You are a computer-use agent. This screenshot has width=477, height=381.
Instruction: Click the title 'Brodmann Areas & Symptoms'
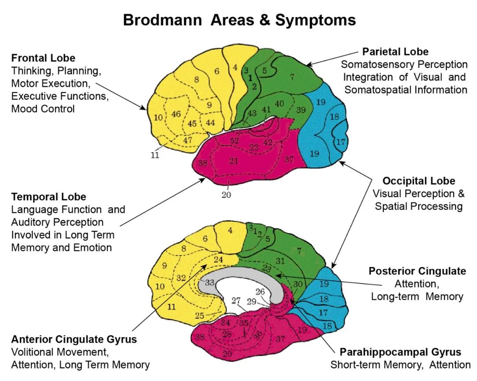(x=239, y=20)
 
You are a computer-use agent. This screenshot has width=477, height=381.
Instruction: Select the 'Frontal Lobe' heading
(x=43, y=58)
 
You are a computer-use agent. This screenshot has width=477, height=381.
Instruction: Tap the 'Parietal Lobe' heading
(x=395, y=52)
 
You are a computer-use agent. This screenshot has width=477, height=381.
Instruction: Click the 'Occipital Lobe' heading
(x=419, y=181)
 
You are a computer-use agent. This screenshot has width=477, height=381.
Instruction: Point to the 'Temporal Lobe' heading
(x=49, y=197)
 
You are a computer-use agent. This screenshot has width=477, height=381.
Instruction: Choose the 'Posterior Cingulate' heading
(x=417, y=271)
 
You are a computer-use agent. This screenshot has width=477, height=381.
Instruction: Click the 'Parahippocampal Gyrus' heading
(x=400, y=352)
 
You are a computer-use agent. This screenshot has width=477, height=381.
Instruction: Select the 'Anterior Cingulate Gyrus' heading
(x=74, y=339)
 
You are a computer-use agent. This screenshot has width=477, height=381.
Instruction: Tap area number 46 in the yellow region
(x=176, y=115)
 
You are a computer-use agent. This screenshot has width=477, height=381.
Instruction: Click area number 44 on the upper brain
(x=210, y=123)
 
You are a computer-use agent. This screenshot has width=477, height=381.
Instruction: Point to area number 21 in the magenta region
(x=234, y=161)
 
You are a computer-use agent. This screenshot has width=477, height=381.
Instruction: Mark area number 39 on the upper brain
(x=301, y=110)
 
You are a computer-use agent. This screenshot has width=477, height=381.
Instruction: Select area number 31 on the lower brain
(x=280, y=261)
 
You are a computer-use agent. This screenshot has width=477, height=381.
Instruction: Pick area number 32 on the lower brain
(x=181, y=278)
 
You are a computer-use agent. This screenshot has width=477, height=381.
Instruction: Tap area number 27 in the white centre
(x=237, y=301)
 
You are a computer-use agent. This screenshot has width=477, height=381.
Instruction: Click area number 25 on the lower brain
(x=200, y=316)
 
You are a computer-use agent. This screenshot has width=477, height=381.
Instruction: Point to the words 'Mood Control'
(x=43, y=108)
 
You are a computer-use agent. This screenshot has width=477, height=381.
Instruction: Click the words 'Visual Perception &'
(x=418, y=194)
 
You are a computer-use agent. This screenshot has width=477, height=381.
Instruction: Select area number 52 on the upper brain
(x=235, y=141)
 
